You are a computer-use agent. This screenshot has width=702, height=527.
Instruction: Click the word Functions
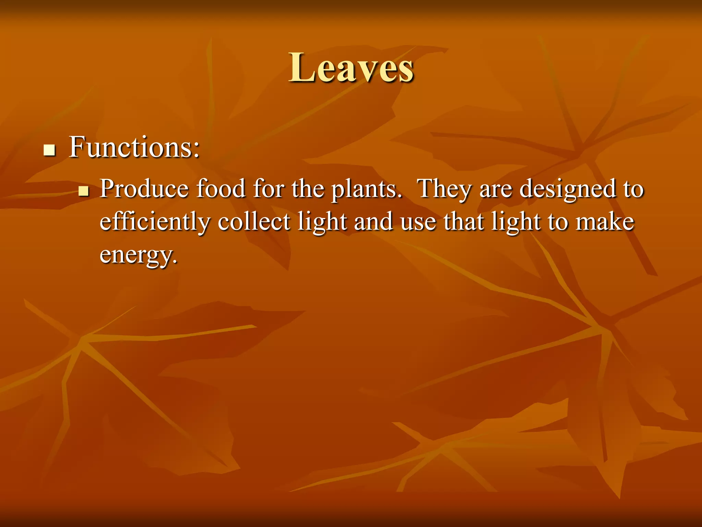click(x=130, y=148)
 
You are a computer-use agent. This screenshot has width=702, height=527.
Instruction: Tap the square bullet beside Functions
click(x=50, y=150)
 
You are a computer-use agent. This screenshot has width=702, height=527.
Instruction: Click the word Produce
click(x=144, y=189)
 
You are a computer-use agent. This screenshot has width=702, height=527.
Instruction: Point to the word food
click(x=221, y=189)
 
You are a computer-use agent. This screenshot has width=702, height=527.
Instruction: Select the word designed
click(x=567, y=190)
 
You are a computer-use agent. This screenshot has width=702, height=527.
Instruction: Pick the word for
click(x=269, y=189)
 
